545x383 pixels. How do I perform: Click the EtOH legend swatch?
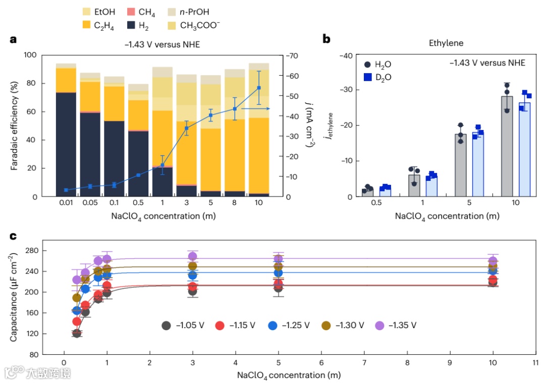[87, 11]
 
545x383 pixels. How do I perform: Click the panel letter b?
[326, 39]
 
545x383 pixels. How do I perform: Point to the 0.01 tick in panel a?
[66, 204]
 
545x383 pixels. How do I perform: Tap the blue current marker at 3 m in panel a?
[187, 128]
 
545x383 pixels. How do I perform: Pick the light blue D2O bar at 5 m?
[478, 164]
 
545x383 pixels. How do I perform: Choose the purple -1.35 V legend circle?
[380, 325]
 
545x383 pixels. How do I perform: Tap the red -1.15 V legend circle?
[220, 325]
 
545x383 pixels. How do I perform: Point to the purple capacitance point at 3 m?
[192, 257]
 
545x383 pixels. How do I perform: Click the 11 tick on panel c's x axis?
[536, 362]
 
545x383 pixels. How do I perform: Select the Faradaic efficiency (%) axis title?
[15, 126]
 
